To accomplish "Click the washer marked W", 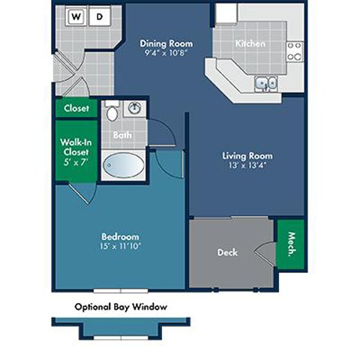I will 76,15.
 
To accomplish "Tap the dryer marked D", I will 100,15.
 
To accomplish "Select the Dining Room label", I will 161,43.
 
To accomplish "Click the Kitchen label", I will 250,43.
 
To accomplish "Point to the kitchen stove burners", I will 295,51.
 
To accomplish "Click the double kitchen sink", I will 265,82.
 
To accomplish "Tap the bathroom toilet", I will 112,113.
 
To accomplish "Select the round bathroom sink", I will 135,108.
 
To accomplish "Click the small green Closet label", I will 76,108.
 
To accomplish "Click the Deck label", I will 227,253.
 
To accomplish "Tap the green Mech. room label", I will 291,243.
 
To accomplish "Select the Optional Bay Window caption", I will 120,307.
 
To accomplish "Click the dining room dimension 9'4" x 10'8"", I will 161,53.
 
